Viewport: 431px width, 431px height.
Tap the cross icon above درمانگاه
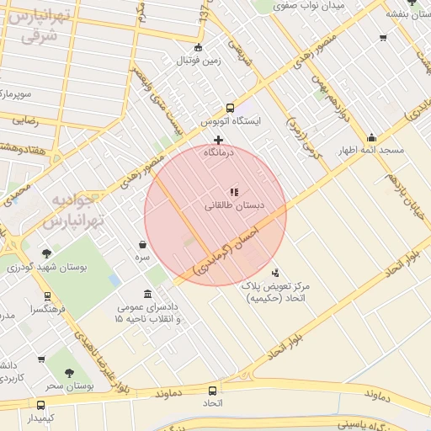(219, 140)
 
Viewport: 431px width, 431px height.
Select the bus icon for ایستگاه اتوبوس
(230, 108)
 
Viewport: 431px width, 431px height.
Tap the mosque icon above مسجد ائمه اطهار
(371, 137)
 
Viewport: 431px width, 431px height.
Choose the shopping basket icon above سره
(143, 244)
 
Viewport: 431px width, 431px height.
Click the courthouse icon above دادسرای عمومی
(148, 294)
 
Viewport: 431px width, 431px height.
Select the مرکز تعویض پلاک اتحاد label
(275, 292)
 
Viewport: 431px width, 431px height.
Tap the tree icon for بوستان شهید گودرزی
(46, 253)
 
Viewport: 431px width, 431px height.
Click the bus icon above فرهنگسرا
(47, 296)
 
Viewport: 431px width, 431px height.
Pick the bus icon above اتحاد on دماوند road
(212, 391)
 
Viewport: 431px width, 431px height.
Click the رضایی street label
(25, 120)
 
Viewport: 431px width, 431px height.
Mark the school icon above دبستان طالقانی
(233, 192)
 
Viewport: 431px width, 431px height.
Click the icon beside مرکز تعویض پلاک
(276, 272)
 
